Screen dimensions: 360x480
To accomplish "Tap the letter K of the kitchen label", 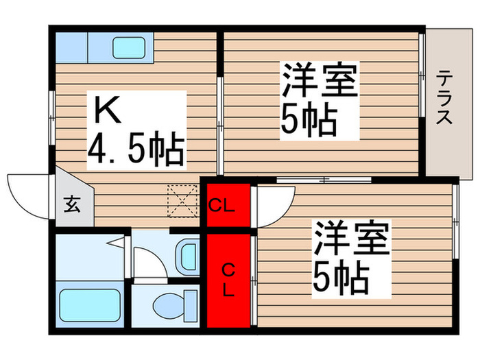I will coord(108,110).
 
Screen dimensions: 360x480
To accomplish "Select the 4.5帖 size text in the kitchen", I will coord(136,150).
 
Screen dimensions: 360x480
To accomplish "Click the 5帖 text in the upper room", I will coord(309,121).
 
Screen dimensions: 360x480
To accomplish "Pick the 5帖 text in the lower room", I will coord(341,276).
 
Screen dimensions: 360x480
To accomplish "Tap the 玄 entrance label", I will coord(71,204).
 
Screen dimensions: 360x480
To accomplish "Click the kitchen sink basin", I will coord(131,47).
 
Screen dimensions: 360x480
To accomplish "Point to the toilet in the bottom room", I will coord(167,302).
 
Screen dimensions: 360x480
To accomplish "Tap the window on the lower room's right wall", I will coord(455,219).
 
